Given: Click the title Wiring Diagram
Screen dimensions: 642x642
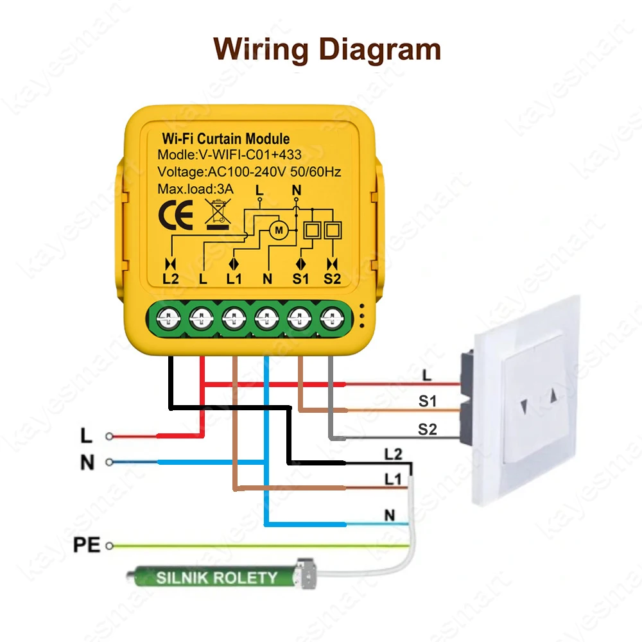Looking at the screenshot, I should click(327, 49).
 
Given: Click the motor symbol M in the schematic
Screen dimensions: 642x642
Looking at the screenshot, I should click(279, 229).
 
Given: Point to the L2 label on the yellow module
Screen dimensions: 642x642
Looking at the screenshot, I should click(171, 279).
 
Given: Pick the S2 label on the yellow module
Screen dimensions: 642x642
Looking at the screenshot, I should click(332, 279).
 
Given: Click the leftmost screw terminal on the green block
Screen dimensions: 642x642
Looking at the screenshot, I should click(169, 315).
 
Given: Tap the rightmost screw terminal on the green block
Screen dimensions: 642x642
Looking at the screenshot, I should click(332, 315).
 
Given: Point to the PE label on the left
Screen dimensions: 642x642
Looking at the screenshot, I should click(87, 546).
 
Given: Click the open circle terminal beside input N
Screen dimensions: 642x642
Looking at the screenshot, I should click(109, 462).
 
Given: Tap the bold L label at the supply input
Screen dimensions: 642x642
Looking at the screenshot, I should click(87, 437).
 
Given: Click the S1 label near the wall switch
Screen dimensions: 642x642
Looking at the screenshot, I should click(428, 402).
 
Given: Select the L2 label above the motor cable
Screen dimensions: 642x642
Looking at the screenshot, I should click(393, 455).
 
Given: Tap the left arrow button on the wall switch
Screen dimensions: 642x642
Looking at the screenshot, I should click(525, 406).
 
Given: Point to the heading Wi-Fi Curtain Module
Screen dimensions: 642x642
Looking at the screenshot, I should click(225, 139).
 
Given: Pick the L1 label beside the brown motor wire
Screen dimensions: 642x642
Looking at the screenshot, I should click(393, 479).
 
